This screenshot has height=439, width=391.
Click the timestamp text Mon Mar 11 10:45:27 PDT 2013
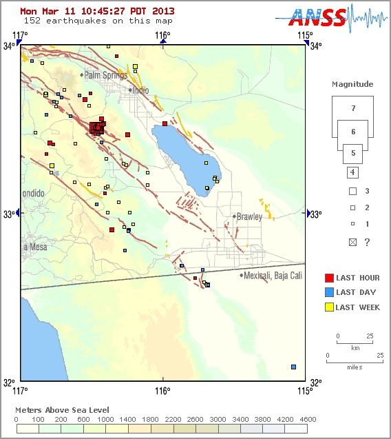[97, 11]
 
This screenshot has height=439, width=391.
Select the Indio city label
[140, 90]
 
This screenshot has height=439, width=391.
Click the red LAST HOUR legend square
[329, 278]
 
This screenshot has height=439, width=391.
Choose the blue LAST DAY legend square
[329, 292]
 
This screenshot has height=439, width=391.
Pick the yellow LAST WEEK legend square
[329, 307]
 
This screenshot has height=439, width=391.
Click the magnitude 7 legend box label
[352, 108]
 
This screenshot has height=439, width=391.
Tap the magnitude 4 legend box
[352, 172]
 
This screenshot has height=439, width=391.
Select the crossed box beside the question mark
[352, 242]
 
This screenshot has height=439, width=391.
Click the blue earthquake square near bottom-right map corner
[294, 367]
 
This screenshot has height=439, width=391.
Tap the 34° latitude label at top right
[315, 46]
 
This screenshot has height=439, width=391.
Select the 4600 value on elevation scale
[308, 419]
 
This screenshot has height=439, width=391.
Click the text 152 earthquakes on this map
[87, 21]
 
